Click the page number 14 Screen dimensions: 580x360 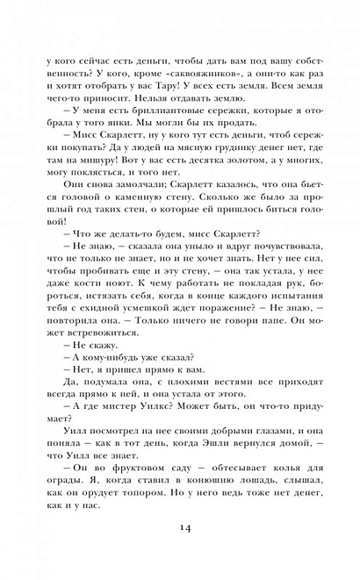pos(180,526)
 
